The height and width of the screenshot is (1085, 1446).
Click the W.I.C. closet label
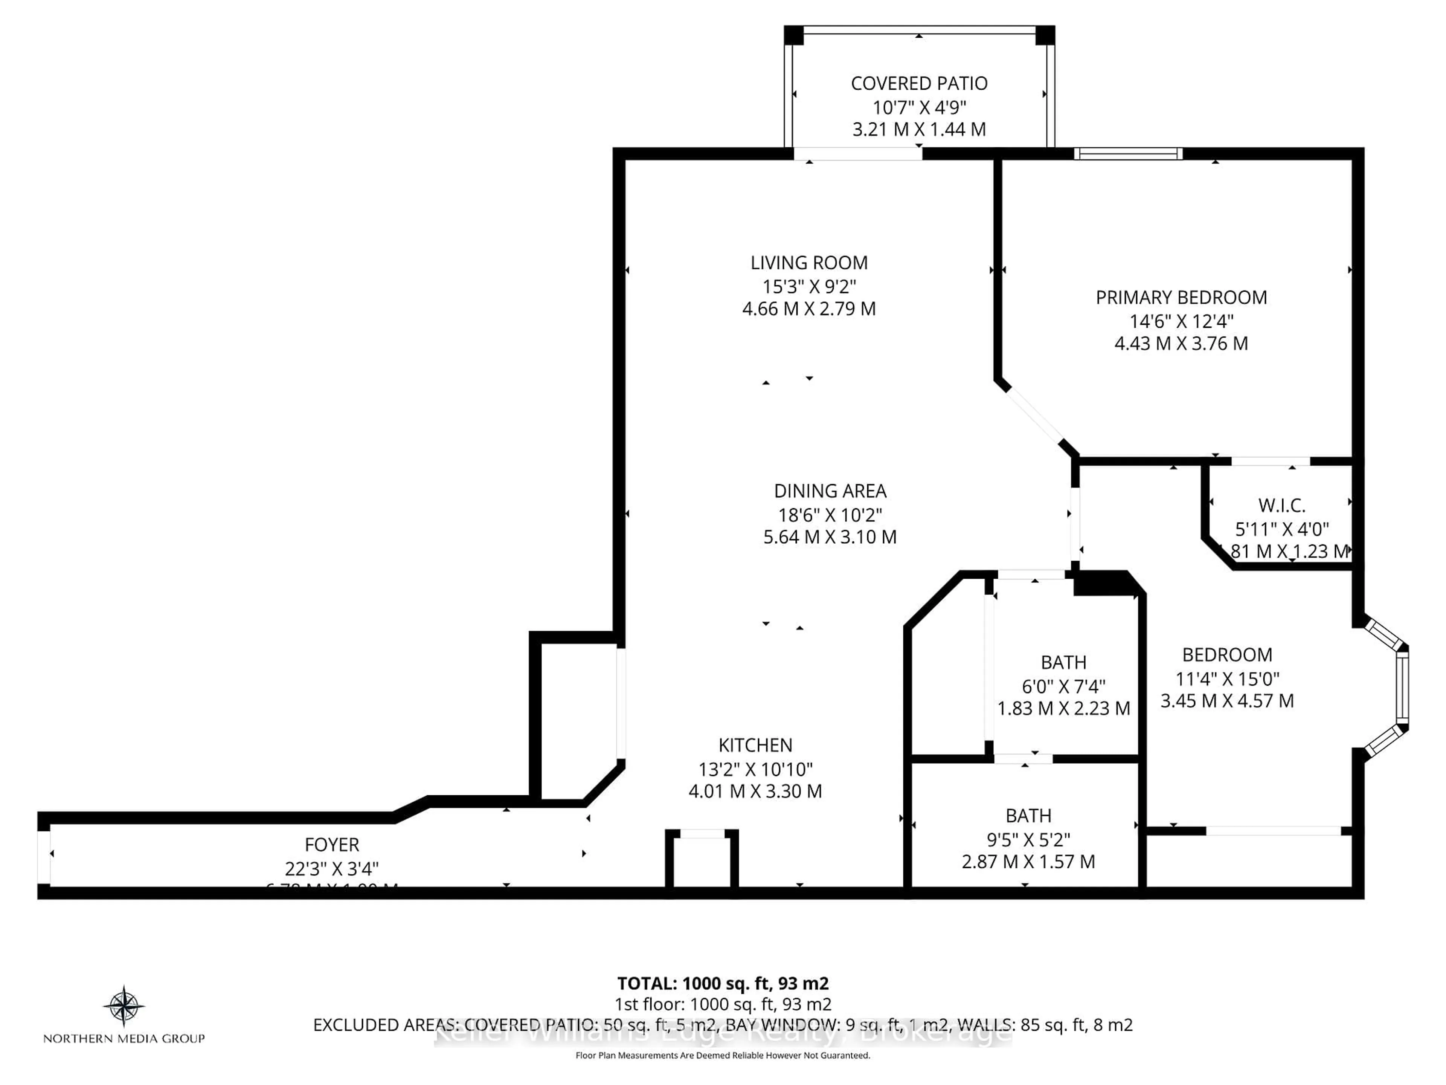pos(1281,506)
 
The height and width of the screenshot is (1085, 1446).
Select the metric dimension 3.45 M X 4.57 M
pos(1226,701)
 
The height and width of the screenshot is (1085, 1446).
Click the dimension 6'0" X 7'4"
pos(1063,686)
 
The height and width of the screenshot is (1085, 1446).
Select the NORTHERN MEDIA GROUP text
pos(124,1039)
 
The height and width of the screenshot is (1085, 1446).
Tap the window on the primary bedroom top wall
pos(1128,154)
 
